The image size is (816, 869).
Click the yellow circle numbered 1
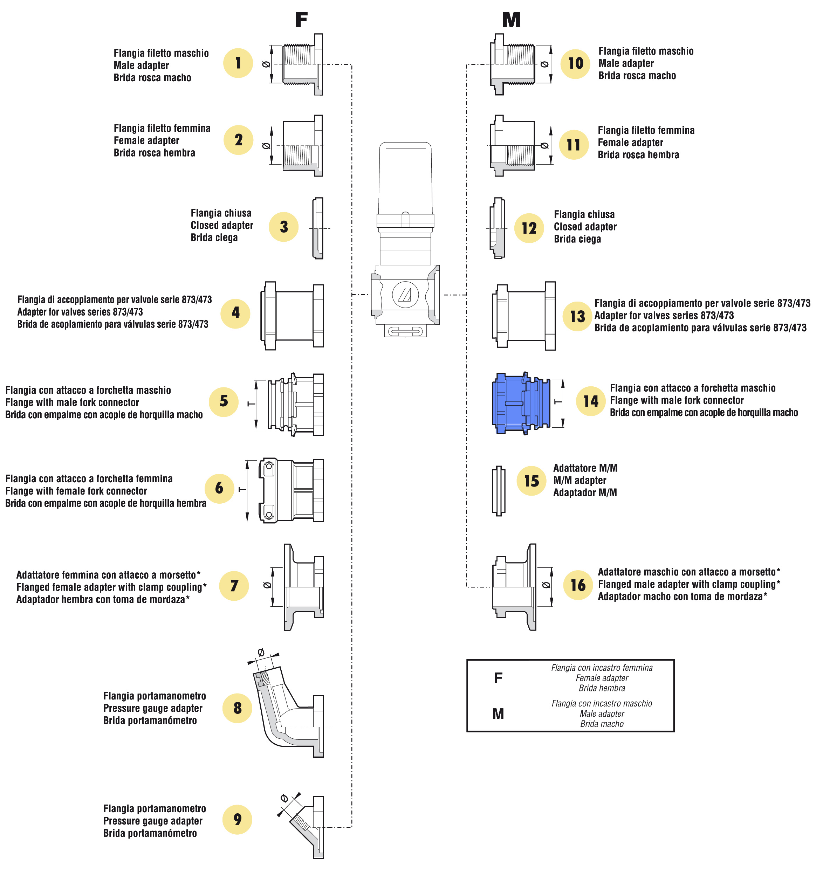tap(238, 63)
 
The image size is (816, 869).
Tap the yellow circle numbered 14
tap(590, 400)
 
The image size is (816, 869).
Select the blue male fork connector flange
tap(520, 403)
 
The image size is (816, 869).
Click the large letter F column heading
tap(301, 20)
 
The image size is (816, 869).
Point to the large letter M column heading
tap(511, 20)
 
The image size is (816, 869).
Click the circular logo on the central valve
tap(405, 295)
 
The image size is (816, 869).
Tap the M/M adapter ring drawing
tap(499, 490)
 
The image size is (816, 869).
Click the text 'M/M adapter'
tap(580, 481)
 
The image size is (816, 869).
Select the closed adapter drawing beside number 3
tap(318, 228)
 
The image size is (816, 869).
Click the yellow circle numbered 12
tap(529, 228)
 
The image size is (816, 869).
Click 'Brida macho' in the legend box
tap(602, 724)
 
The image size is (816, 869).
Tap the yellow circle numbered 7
tap(234, 585)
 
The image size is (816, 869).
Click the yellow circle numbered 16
tap(578, 585)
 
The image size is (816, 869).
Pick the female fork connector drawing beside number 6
tap(291, 490)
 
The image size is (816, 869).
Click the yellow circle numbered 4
tap(235, 313)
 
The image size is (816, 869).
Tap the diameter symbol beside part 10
tap(544, 64)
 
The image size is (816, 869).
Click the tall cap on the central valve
tap(405, 179)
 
